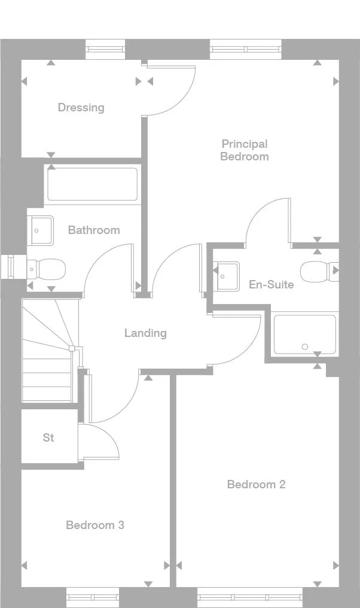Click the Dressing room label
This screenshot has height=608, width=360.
[81, 108]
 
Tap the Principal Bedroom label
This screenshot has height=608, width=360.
[244, 150]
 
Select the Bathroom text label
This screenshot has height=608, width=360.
[93, 230]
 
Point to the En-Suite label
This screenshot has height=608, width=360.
[271, 284]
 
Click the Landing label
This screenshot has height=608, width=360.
[145, 333]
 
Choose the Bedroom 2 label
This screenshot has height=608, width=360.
[256, 484]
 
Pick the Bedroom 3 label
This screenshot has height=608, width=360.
[95, 525]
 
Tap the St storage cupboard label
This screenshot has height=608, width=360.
[48, 437]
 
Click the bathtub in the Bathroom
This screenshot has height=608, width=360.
[93, 184]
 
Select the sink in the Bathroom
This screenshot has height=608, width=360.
[41, 230]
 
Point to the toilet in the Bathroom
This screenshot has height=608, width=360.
[47, 269]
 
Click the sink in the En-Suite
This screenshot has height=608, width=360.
[227, 275]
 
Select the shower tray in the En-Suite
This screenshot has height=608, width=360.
[304, 334]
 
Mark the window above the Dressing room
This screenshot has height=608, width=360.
[105, 49]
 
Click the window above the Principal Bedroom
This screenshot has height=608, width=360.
[245, 49]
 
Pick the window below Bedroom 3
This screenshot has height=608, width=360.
[93, 597]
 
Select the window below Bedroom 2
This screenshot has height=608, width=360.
[250, 597]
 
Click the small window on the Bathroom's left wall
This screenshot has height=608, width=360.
[8, 267]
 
